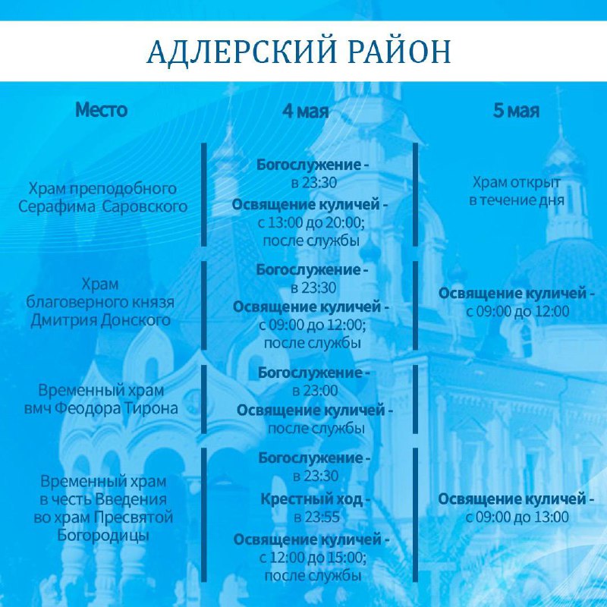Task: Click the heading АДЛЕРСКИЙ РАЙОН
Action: (299, 51)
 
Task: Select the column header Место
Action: (102, 110)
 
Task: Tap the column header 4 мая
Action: (306, 111)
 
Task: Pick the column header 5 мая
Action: (516, 111)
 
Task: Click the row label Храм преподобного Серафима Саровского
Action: (103, 197)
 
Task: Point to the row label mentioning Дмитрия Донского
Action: (100, 302)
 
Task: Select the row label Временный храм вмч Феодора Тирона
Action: (101, 399)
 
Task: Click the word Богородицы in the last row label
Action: (103, 536)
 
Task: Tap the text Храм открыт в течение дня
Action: (517, 191)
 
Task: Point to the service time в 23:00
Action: (315, 391)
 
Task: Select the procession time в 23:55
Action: (316, 517)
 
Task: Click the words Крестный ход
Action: (312, 499)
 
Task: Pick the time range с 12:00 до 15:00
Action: (312, 558)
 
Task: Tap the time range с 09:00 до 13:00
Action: (517, 517)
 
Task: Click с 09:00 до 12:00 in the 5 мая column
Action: (517, 311)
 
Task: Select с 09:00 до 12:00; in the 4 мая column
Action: (313, 325)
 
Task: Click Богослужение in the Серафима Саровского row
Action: (309, 165)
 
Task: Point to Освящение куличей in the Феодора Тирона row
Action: (310, 410)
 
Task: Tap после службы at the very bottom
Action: (313, 576)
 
